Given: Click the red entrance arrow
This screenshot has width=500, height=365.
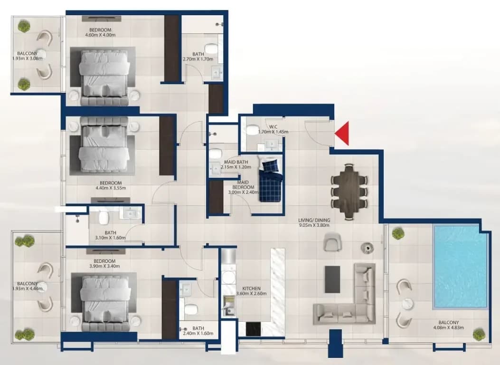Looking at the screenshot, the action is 341,134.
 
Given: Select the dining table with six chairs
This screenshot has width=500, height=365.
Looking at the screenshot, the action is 349,192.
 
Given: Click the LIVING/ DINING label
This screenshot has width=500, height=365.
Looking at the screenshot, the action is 314,220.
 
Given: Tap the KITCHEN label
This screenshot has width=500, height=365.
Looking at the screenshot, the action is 251,288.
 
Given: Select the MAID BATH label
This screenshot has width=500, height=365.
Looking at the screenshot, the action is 236,162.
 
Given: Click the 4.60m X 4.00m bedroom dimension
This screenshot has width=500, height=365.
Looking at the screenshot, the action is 101,35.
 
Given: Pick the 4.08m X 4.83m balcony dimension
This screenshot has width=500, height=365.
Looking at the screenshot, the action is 448,327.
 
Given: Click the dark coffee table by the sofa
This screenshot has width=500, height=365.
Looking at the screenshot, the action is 332,279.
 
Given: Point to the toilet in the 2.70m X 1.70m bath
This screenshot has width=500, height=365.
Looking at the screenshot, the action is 211,49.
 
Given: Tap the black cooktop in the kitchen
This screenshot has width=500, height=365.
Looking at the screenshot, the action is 254,329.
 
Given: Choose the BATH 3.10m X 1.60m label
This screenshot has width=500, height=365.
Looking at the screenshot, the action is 110,235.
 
